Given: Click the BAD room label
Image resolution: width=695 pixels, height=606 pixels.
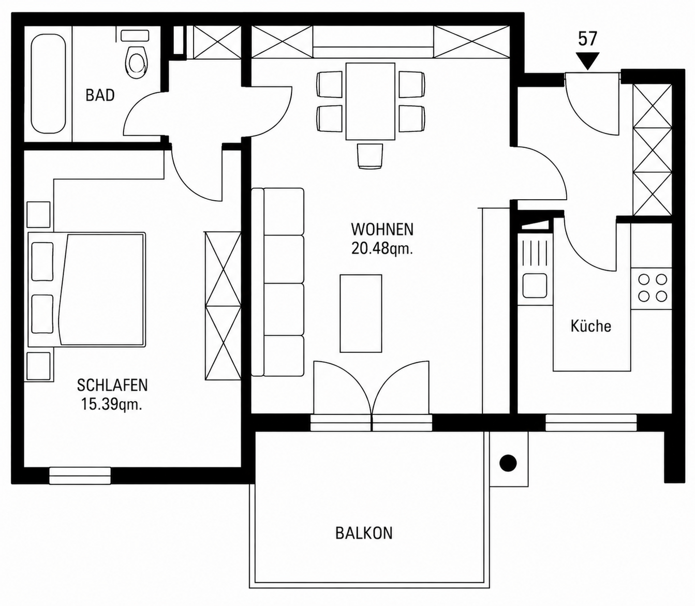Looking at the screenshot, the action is tap(100, 95).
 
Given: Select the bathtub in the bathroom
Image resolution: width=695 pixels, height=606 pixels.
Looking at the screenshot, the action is tap(48, 83).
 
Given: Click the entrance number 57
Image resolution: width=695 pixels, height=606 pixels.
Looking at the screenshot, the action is tap(587, 39).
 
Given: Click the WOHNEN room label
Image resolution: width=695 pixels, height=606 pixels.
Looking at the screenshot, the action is tap(382, 230).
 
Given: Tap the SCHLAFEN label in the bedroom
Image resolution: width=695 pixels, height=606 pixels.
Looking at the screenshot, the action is tap(112, 385).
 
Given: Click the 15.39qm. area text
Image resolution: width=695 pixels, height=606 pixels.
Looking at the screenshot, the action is tap(111, 405).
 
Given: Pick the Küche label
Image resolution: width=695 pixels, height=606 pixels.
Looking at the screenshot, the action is tap(590, 326).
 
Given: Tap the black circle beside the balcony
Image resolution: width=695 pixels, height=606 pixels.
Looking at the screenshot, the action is tap(508, 463).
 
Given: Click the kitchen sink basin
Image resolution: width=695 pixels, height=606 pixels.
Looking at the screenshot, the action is tap(535, 286).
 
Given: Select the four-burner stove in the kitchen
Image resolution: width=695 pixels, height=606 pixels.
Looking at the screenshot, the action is tap(652, 288).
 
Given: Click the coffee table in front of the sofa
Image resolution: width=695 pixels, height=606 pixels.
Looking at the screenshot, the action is tap(361, 314).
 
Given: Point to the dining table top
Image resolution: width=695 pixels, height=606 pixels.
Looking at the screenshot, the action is tap(370, 101).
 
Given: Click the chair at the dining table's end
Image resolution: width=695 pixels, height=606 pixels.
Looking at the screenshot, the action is tap(370, 156).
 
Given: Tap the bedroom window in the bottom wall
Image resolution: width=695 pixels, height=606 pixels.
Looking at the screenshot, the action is tap(80, 475).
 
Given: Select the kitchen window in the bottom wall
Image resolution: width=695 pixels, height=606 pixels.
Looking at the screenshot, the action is tap(591, 423).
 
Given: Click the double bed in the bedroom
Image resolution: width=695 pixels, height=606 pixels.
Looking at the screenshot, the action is tap(87, 290).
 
